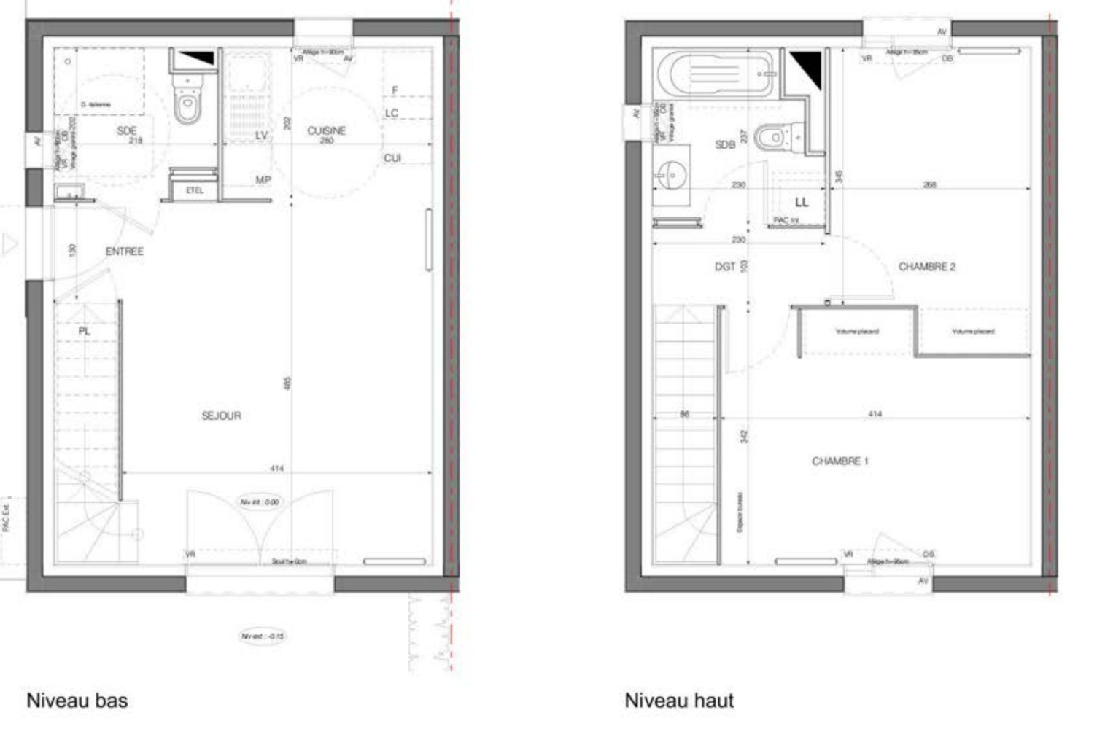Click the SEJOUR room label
pos(221,416)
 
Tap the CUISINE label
pos(326,130)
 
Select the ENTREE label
pos(125,252)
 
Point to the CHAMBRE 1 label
pos(840,461)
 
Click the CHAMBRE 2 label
pos(926,267)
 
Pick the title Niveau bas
pos(77,701)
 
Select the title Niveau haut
pos(679,701)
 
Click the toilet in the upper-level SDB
pos(773,137)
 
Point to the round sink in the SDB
pos(670,176)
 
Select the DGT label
pos(725,267)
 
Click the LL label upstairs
pos(802,202)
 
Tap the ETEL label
pos(195,190)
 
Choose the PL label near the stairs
pos(85,331)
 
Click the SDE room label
pos(126,131)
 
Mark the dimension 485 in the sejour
pos(287,383)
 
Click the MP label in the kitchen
pos(263,180)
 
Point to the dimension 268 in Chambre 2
pos(929,185)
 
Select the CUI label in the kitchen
pos(392,158)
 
